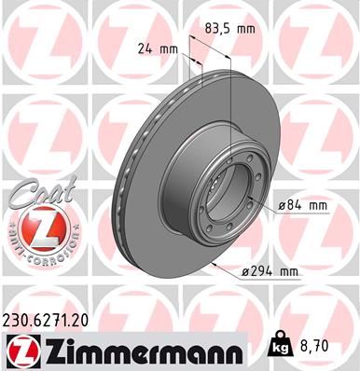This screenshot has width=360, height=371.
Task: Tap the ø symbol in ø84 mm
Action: pos(279,203)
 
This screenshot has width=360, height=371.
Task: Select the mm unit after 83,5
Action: pos(247,29)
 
